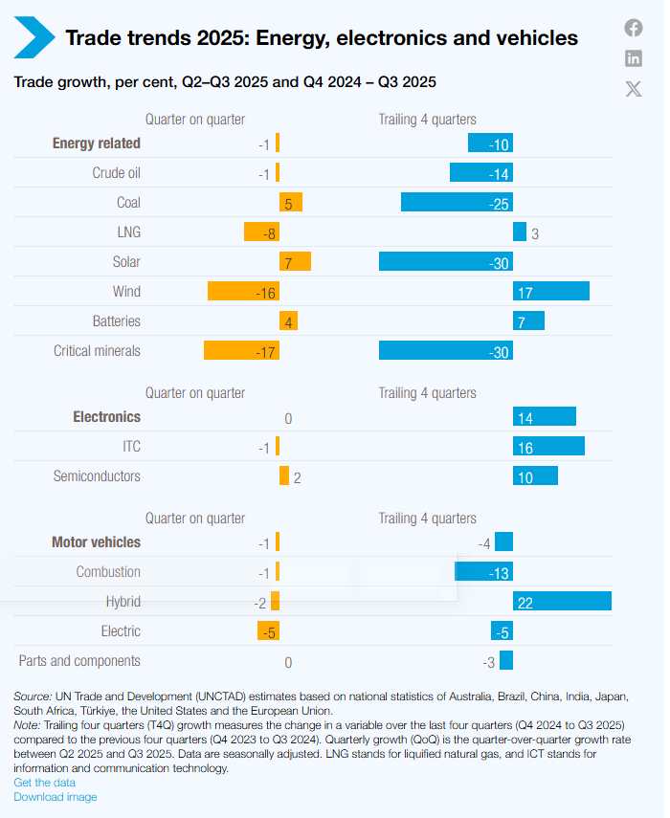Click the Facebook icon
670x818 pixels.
[634, 28]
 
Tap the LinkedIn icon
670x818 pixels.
[634, 58]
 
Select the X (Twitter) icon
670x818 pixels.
[634, 89]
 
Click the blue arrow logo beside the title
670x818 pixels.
[33, 37]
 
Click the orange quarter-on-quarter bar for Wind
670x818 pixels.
[243, 292]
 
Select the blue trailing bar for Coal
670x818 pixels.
[457, 203]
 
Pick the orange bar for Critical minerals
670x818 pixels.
[241, 351]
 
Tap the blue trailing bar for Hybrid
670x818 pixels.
[562, 602]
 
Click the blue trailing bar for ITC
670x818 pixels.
[548, 447]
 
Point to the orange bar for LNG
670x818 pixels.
[261, 232]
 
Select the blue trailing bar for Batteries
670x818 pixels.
[528, 321]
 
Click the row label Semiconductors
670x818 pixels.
[97, 476]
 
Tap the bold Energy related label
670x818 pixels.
[96, 144]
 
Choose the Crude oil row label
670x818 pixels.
[116, 173]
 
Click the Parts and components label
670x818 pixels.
[79, 661]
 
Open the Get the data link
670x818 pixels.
[44, 783]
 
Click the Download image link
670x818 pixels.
[55, 797]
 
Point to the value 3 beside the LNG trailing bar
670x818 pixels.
[535, 233]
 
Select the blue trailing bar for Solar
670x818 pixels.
[446, 262]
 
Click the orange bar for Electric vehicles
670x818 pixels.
[268, 631]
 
